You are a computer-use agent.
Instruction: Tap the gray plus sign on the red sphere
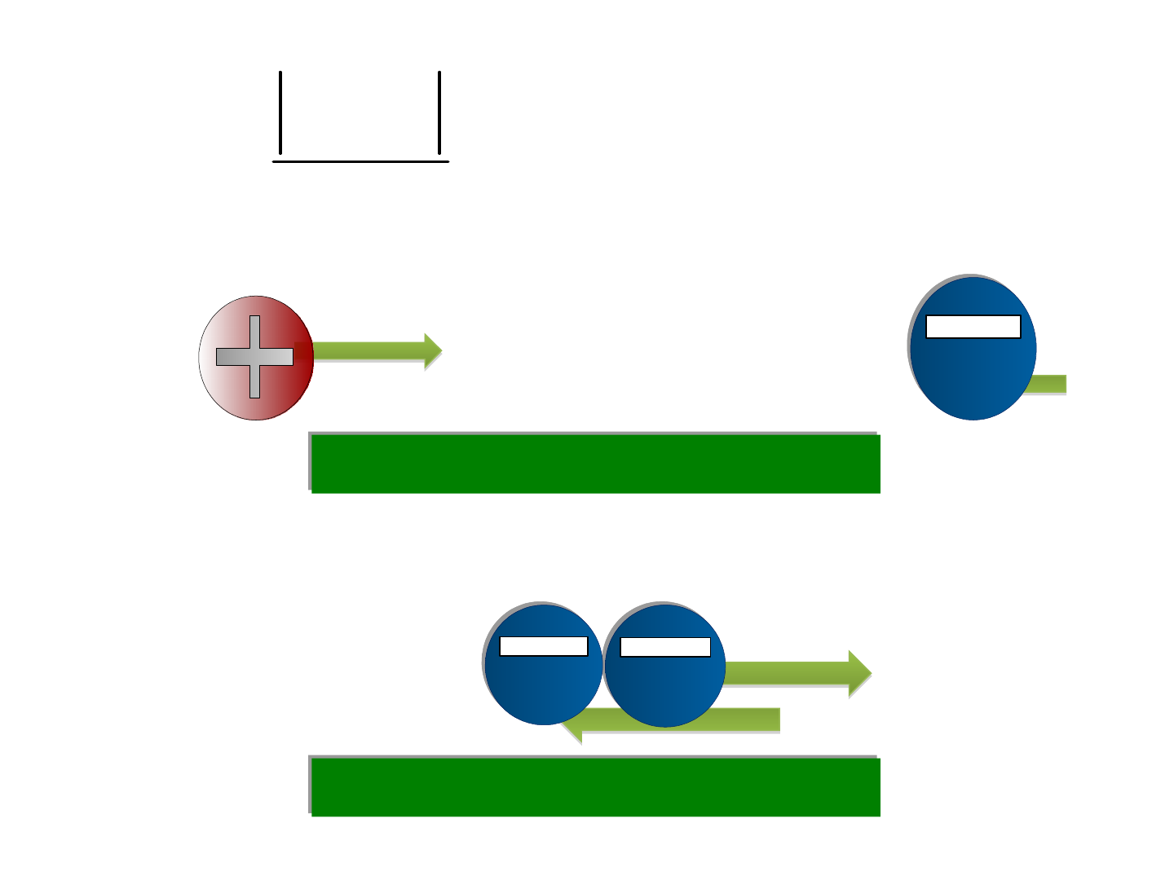point(254,357)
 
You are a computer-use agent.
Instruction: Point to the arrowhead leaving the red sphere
point(432,351)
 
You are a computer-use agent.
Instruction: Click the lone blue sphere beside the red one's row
point(973,375)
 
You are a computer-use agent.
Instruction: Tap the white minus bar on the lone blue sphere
point(973,327)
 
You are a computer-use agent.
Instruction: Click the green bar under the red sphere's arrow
point(595,463)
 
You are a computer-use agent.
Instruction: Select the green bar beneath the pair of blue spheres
point(595,786)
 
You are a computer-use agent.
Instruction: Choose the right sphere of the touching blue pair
point(664,689)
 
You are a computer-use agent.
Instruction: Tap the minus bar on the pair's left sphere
point(543,646)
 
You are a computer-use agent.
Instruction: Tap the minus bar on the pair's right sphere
point(664,647)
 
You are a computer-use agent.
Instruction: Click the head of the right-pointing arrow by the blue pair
point(859,673)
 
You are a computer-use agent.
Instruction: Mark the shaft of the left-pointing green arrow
point(750,719)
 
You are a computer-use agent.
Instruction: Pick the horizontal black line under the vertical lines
point(360,161)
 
